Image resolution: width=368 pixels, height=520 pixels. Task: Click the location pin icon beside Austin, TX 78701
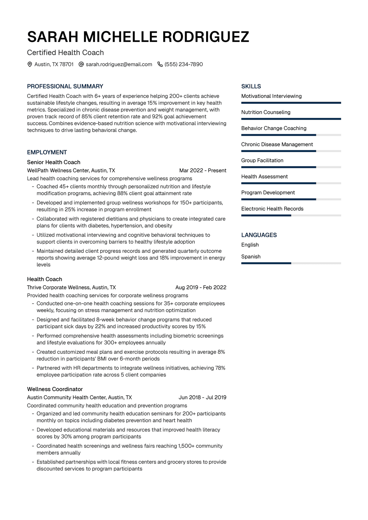point(30,64)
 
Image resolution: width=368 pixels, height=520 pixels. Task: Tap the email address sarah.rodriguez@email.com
point(119,64)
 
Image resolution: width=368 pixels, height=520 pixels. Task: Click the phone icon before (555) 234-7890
point(160,64)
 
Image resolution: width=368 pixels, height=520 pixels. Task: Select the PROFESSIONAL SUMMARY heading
point(65,86)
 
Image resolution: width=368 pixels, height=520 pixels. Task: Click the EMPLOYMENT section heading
point(47,152)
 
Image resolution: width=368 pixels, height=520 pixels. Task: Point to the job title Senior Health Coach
point(54,162)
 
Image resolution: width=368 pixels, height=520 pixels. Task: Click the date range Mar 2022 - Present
point(203,170)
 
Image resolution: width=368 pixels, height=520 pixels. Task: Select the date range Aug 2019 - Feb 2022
point(201,287)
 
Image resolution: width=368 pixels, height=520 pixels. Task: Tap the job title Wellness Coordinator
point(55,389)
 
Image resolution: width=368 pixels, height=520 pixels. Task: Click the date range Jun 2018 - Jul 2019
point(202,397)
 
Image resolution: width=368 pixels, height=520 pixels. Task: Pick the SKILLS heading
point(251,86)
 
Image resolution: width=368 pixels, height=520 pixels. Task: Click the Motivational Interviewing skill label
point(271,96)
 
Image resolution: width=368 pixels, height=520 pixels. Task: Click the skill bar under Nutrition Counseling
point(291,119)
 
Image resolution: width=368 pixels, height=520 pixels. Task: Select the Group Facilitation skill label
point(262,161)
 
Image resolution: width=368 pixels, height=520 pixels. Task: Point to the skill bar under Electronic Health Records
point(291,215)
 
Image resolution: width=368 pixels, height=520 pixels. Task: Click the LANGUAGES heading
point(259,235)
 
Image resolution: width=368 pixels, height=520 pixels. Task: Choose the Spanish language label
point(251,257)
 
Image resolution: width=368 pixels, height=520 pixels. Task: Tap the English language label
point(250,245)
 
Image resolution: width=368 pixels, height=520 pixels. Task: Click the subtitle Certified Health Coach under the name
point(65,53)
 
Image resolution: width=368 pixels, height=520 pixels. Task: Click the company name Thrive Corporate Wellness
point(59,287)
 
